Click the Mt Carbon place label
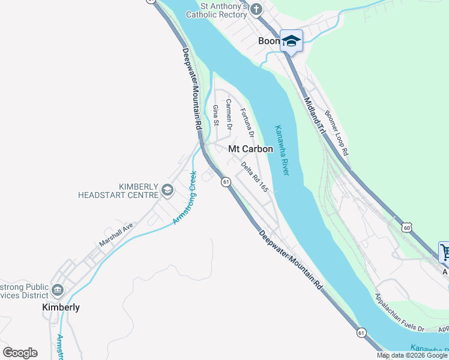coord(250,149)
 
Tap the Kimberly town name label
coord(61,307)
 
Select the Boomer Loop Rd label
coord(336,133)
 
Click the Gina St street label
coord(216,115)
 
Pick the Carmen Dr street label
coord(229,114)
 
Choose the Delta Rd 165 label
coord(255,176)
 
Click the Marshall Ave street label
coord(116,236)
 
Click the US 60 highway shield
coord(408,228)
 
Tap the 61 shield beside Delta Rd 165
coord(226,182)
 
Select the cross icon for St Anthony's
coord(256,10)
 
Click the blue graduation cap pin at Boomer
coord(291,41)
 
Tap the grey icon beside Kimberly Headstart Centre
coord(167,191)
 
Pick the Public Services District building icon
coord(58,290)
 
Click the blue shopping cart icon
coord(445,252)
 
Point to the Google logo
coord(20,353)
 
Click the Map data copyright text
coord(412,356)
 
